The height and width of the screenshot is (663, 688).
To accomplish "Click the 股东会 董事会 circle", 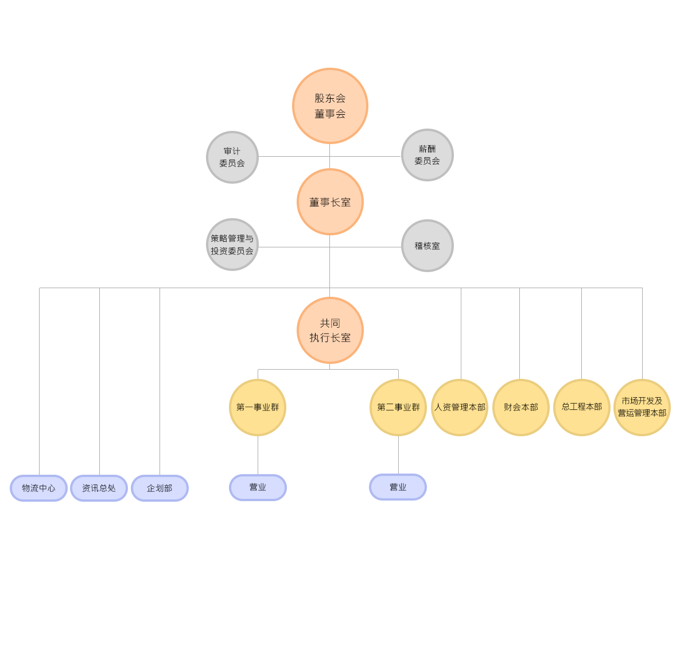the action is point(330,106).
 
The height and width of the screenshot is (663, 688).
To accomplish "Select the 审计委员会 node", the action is point(232,157).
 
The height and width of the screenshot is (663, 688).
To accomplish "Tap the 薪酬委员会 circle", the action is point(427,155).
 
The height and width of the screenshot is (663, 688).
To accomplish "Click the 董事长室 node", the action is point(330,202).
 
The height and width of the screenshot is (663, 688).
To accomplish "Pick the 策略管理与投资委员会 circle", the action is point(232,245).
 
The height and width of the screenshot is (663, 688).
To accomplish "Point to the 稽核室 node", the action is point(427,246).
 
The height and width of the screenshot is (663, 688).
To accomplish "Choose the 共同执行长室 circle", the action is point(330,331).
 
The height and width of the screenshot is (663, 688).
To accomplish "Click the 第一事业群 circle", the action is point(258,408).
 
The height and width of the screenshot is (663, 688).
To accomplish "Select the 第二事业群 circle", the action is point(398,408).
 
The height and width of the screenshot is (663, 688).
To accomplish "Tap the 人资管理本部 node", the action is point(460,408).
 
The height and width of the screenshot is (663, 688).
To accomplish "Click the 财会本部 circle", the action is point(521,408).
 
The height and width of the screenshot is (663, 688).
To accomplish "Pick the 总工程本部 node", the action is point(582,408).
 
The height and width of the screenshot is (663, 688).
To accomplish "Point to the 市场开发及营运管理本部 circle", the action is point(642,408).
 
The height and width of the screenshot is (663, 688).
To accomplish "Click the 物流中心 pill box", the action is point(38,488).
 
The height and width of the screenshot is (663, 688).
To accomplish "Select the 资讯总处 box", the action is point(99,488).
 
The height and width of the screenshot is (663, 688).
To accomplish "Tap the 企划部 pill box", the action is point(160,488).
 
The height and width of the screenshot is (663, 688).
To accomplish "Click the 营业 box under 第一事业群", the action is point(258,487).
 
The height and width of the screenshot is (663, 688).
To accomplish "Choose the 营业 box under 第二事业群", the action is point(398,487).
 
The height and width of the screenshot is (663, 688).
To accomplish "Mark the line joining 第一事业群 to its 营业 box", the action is point(258,455).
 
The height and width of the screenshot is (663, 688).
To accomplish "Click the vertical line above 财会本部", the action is point(519,334).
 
